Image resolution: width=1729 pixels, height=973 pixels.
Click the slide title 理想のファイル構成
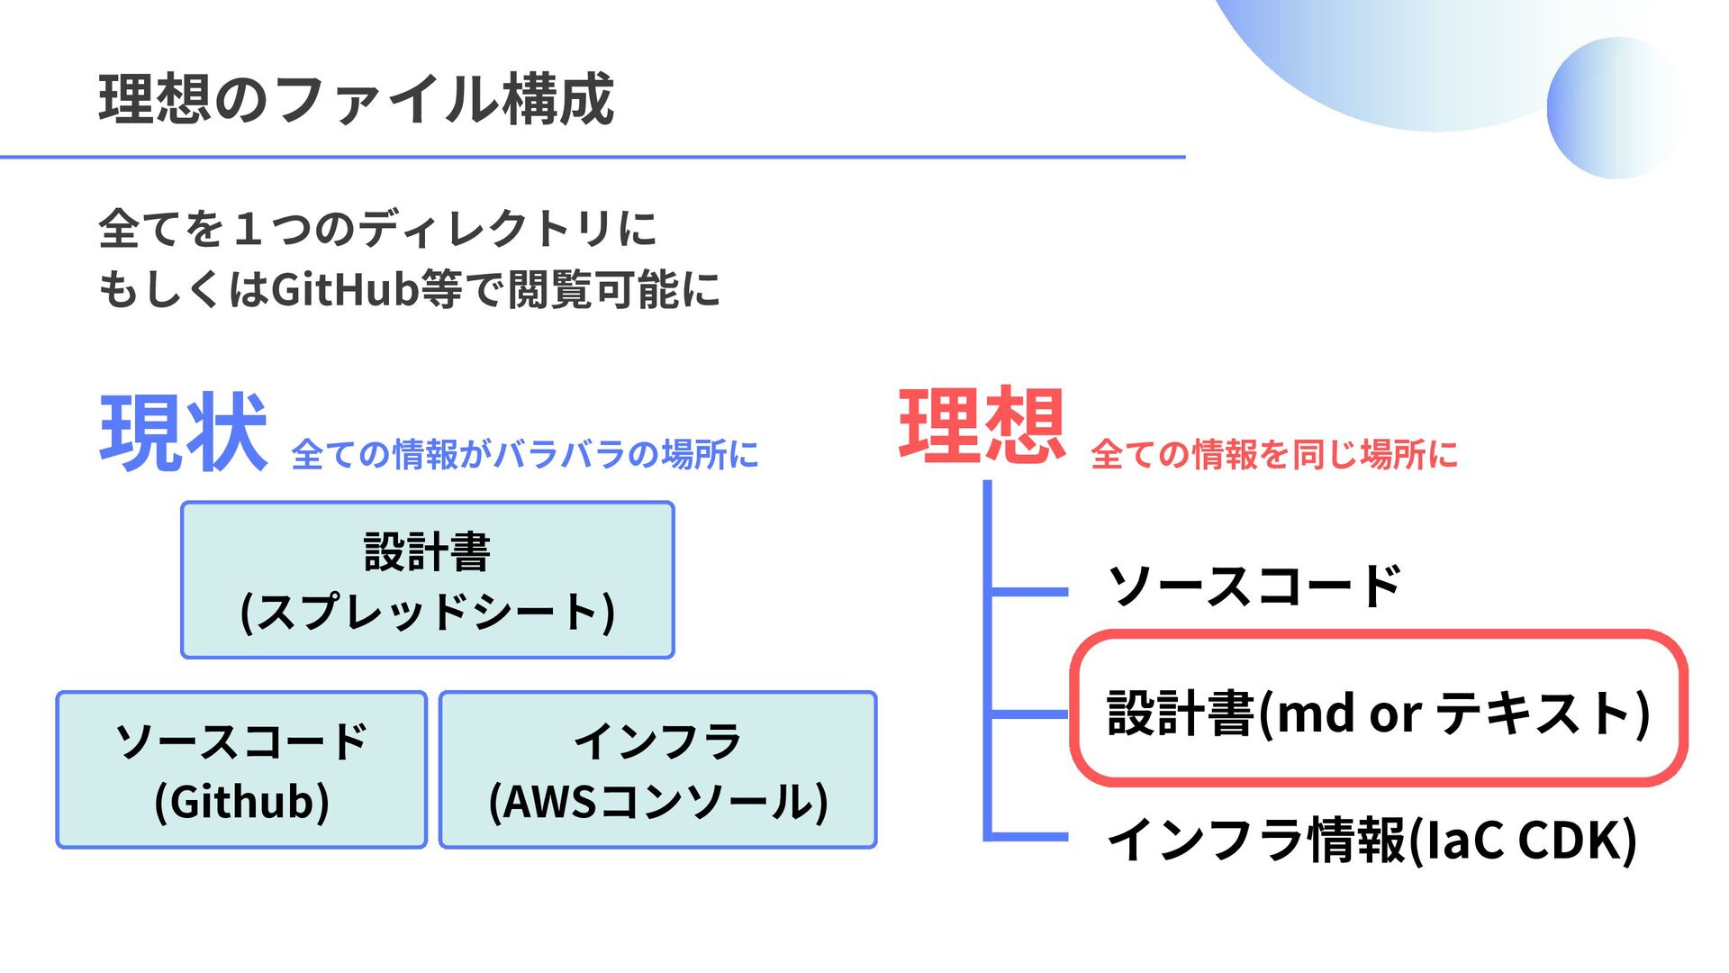point(356,99)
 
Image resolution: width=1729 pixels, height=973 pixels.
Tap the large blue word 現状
point(184,433)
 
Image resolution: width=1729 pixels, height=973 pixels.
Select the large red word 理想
point(982,426)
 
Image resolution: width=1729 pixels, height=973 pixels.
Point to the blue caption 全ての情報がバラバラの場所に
point(525,454)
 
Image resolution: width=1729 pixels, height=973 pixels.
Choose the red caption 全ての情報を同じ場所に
point(1273,454)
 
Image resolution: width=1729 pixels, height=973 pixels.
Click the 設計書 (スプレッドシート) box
point(428,580)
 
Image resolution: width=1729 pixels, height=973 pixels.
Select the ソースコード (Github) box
point(241,770)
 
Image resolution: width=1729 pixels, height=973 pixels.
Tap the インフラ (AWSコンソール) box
point(657,770)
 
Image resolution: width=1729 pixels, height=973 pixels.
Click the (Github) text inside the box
point(241,802)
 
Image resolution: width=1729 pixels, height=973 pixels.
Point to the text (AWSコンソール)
point(657,802)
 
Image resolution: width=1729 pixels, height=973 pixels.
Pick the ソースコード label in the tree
point(1254,587)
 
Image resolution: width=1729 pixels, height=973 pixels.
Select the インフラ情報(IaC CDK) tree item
point(1371,840)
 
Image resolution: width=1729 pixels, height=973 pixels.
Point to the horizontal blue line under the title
point(593,157)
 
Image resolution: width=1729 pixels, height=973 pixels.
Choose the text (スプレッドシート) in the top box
point(428,612)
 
